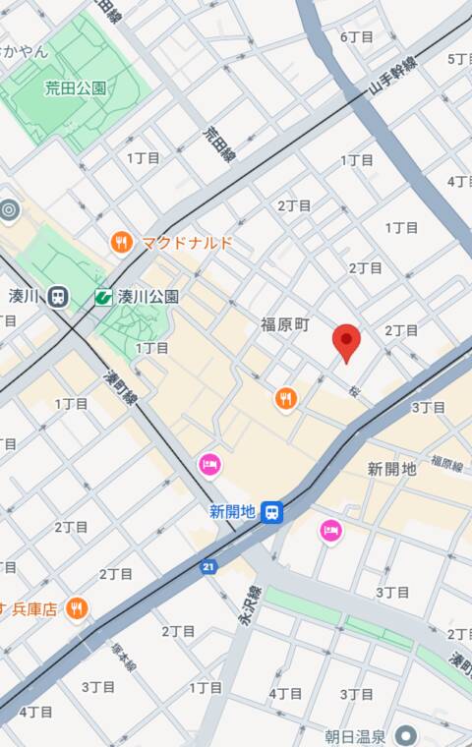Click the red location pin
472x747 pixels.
pyautogui.click(x=346, y=341)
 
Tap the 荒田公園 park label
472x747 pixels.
pyautogui.click(x=76, y=87)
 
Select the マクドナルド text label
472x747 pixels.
pyautogui.click(x=187, y=242)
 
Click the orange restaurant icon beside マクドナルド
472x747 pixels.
pyautogui.click(x=121, y=242)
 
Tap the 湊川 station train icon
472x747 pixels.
pyautogui.click(x=58, y=295)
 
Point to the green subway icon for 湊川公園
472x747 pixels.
pyautogui.click(x=102, y=295)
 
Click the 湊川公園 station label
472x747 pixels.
pyautogui.click(x=147, y=295)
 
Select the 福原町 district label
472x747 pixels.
pyautogui.click(x=285, y=323)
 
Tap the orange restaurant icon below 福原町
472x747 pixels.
pyautogui.click(x=286, y=398)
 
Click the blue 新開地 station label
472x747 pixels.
pyautogui.click(x=232, y=510)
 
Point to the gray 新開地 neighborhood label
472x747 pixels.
pyautogui.click(x=392, y=469)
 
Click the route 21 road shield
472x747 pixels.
pyautogui.click(x=208, y=566)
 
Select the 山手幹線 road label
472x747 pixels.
pyautogui.click(x=393, y=74)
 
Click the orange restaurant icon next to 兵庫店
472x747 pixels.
pyautogui.click(x=77, y=608)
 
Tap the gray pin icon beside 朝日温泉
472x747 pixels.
pyautogui.click(x=405, y=735)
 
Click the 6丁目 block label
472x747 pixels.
pyautogui.click(x=357, y=36)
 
